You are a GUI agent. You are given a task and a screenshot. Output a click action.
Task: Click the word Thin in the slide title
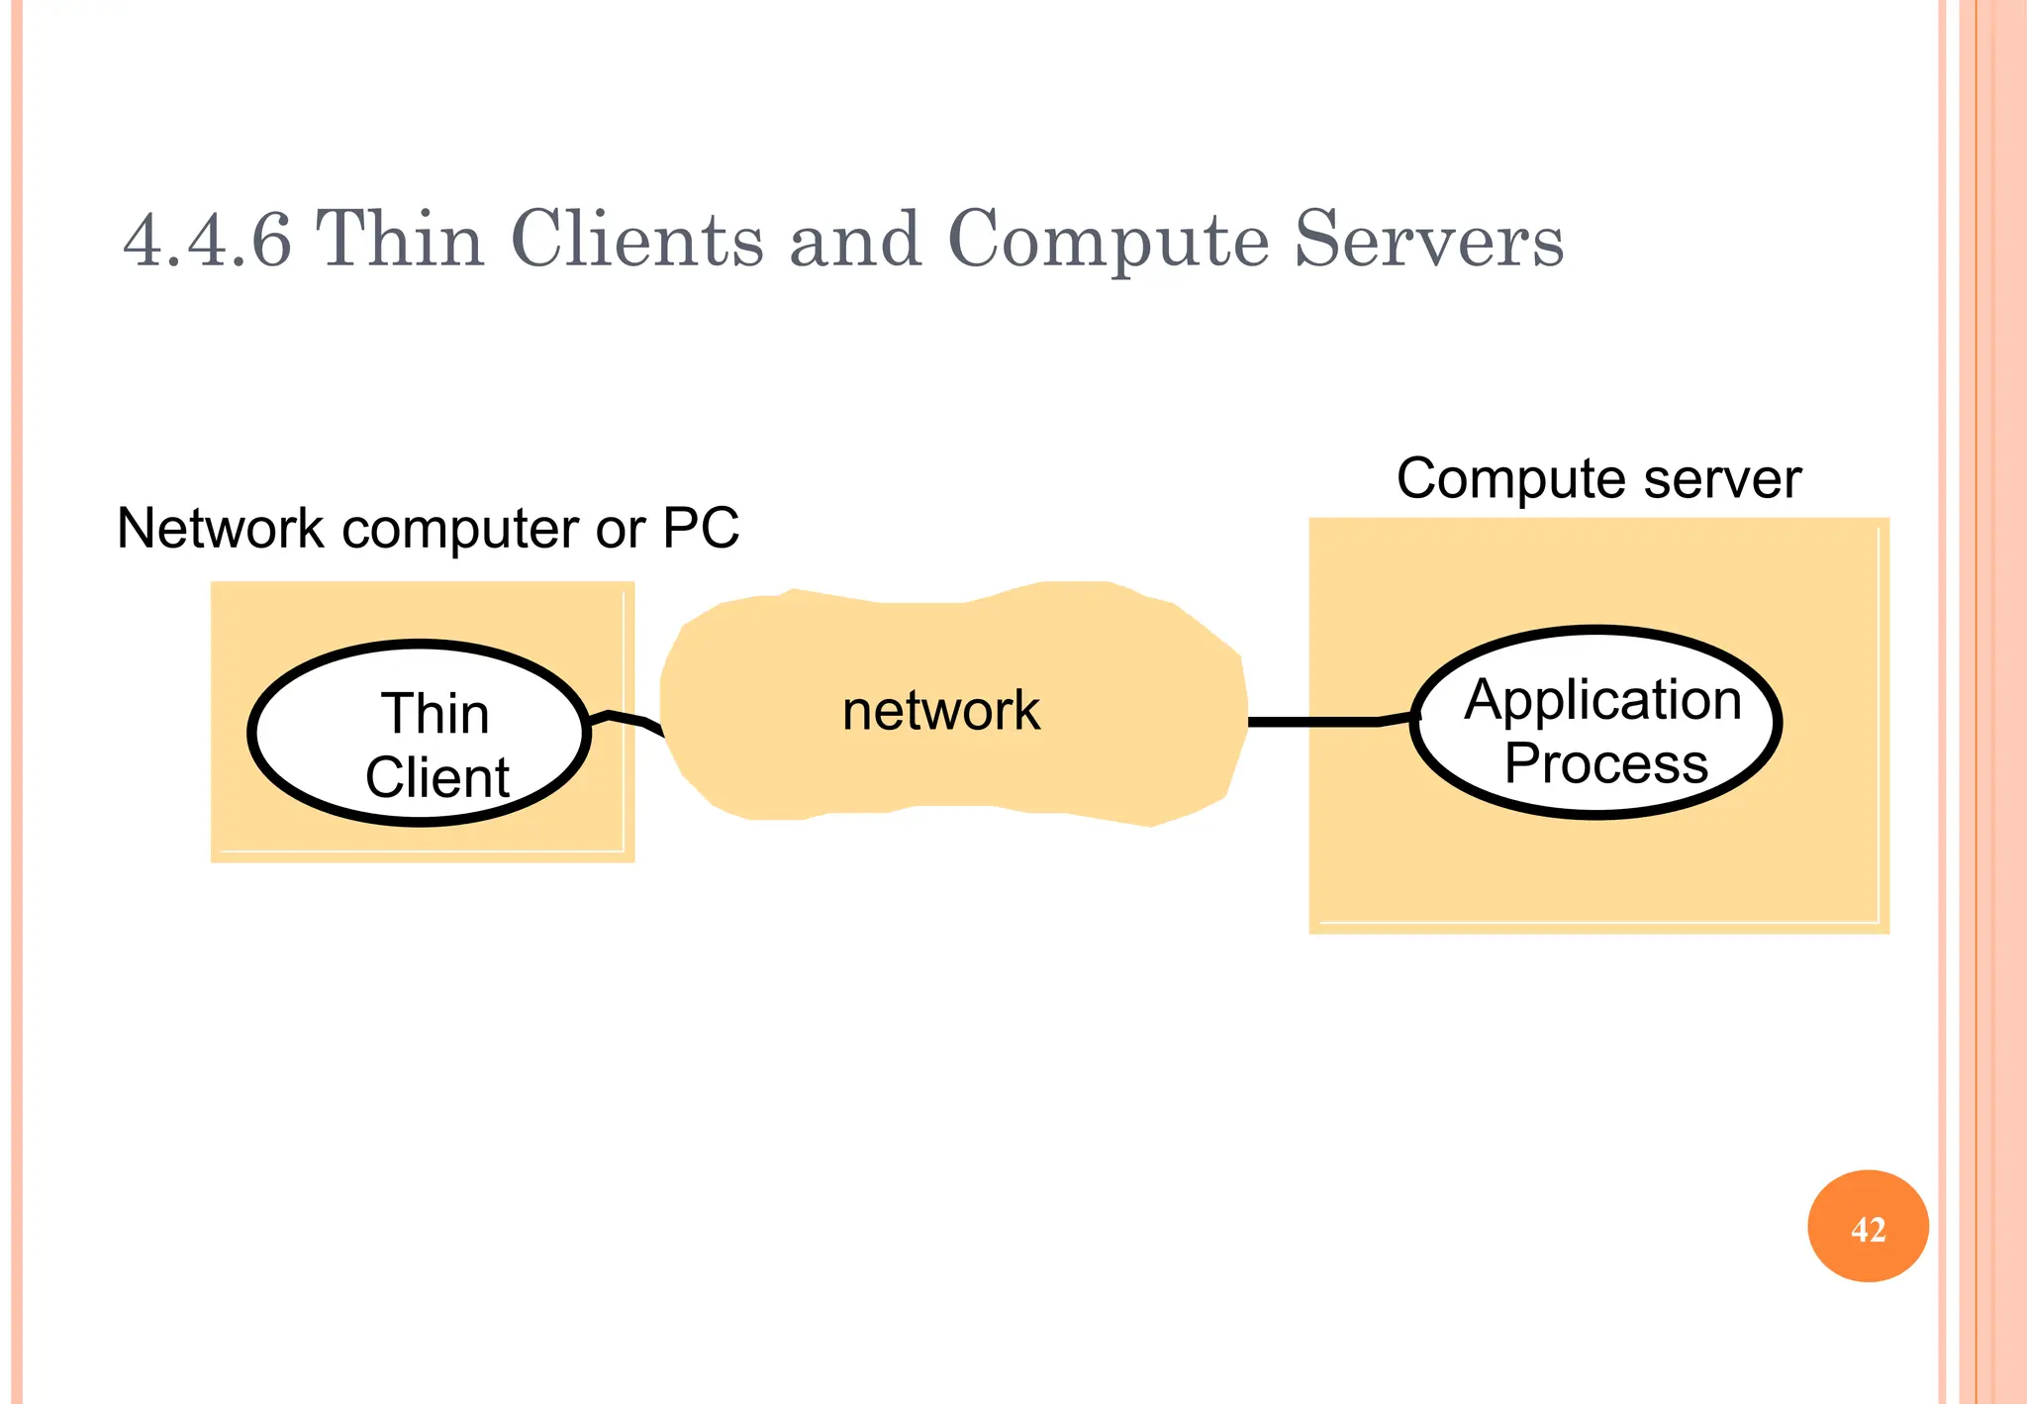(399, 240)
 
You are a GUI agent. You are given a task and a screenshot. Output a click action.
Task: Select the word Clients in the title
(636, 240)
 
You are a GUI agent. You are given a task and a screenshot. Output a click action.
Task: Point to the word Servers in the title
(1428, 240)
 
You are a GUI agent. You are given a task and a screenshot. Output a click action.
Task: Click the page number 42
(1868, 1229)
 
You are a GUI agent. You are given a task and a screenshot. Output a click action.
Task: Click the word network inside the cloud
(940, 710)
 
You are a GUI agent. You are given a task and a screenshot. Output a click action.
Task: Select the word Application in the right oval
(1602, 699)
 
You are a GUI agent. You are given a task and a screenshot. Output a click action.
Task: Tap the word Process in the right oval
(1605, 763)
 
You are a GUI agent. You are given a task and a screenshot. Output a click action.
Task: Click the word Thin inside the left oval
(434, 713)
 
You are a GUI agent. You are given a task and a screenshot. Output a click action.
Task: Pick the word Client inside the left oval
(436, 777)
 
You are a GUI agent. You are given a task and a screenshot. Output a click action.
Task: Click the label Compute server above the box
(1597, 479)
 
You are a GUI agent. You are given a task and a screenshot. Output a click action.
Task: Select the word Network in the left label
(220, 528)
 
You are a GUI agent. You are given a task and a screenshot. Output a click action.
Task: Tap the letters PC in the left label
(700, 528)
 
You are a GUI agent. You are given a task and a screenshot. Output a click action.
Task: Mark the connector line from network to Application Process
(1316, 722)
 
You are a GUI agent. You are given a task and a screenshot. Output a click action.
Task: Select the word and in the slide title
(855, 240)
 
